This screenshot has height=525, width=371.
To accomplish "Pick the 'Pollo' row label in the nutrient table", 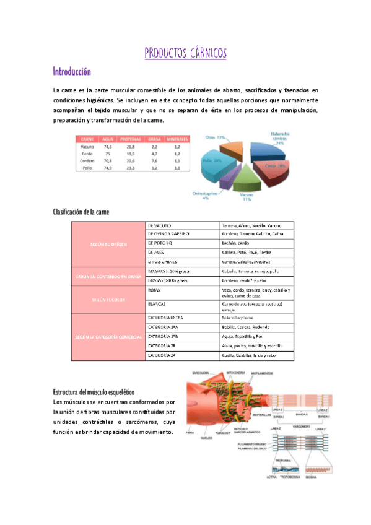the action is tap(87, 168).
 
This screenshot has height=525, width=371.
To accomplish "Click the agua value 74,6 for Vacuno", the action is tap(108, 147).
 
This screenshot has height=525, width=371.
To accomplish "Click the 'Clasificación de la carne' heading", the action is tap(81, 212).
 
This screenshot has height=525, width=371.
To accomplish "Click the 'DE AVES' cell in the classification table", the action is tap(156, 253).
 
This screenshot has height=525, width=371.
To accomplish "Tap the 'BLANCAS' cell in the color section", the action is tap(157, 304).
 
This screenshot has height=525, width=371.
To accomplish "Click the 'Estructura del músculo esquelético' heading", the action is tap(93, 393).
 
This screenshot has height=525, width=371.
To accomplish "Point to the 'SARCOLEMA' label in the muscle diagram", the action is tap(202, 374).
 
